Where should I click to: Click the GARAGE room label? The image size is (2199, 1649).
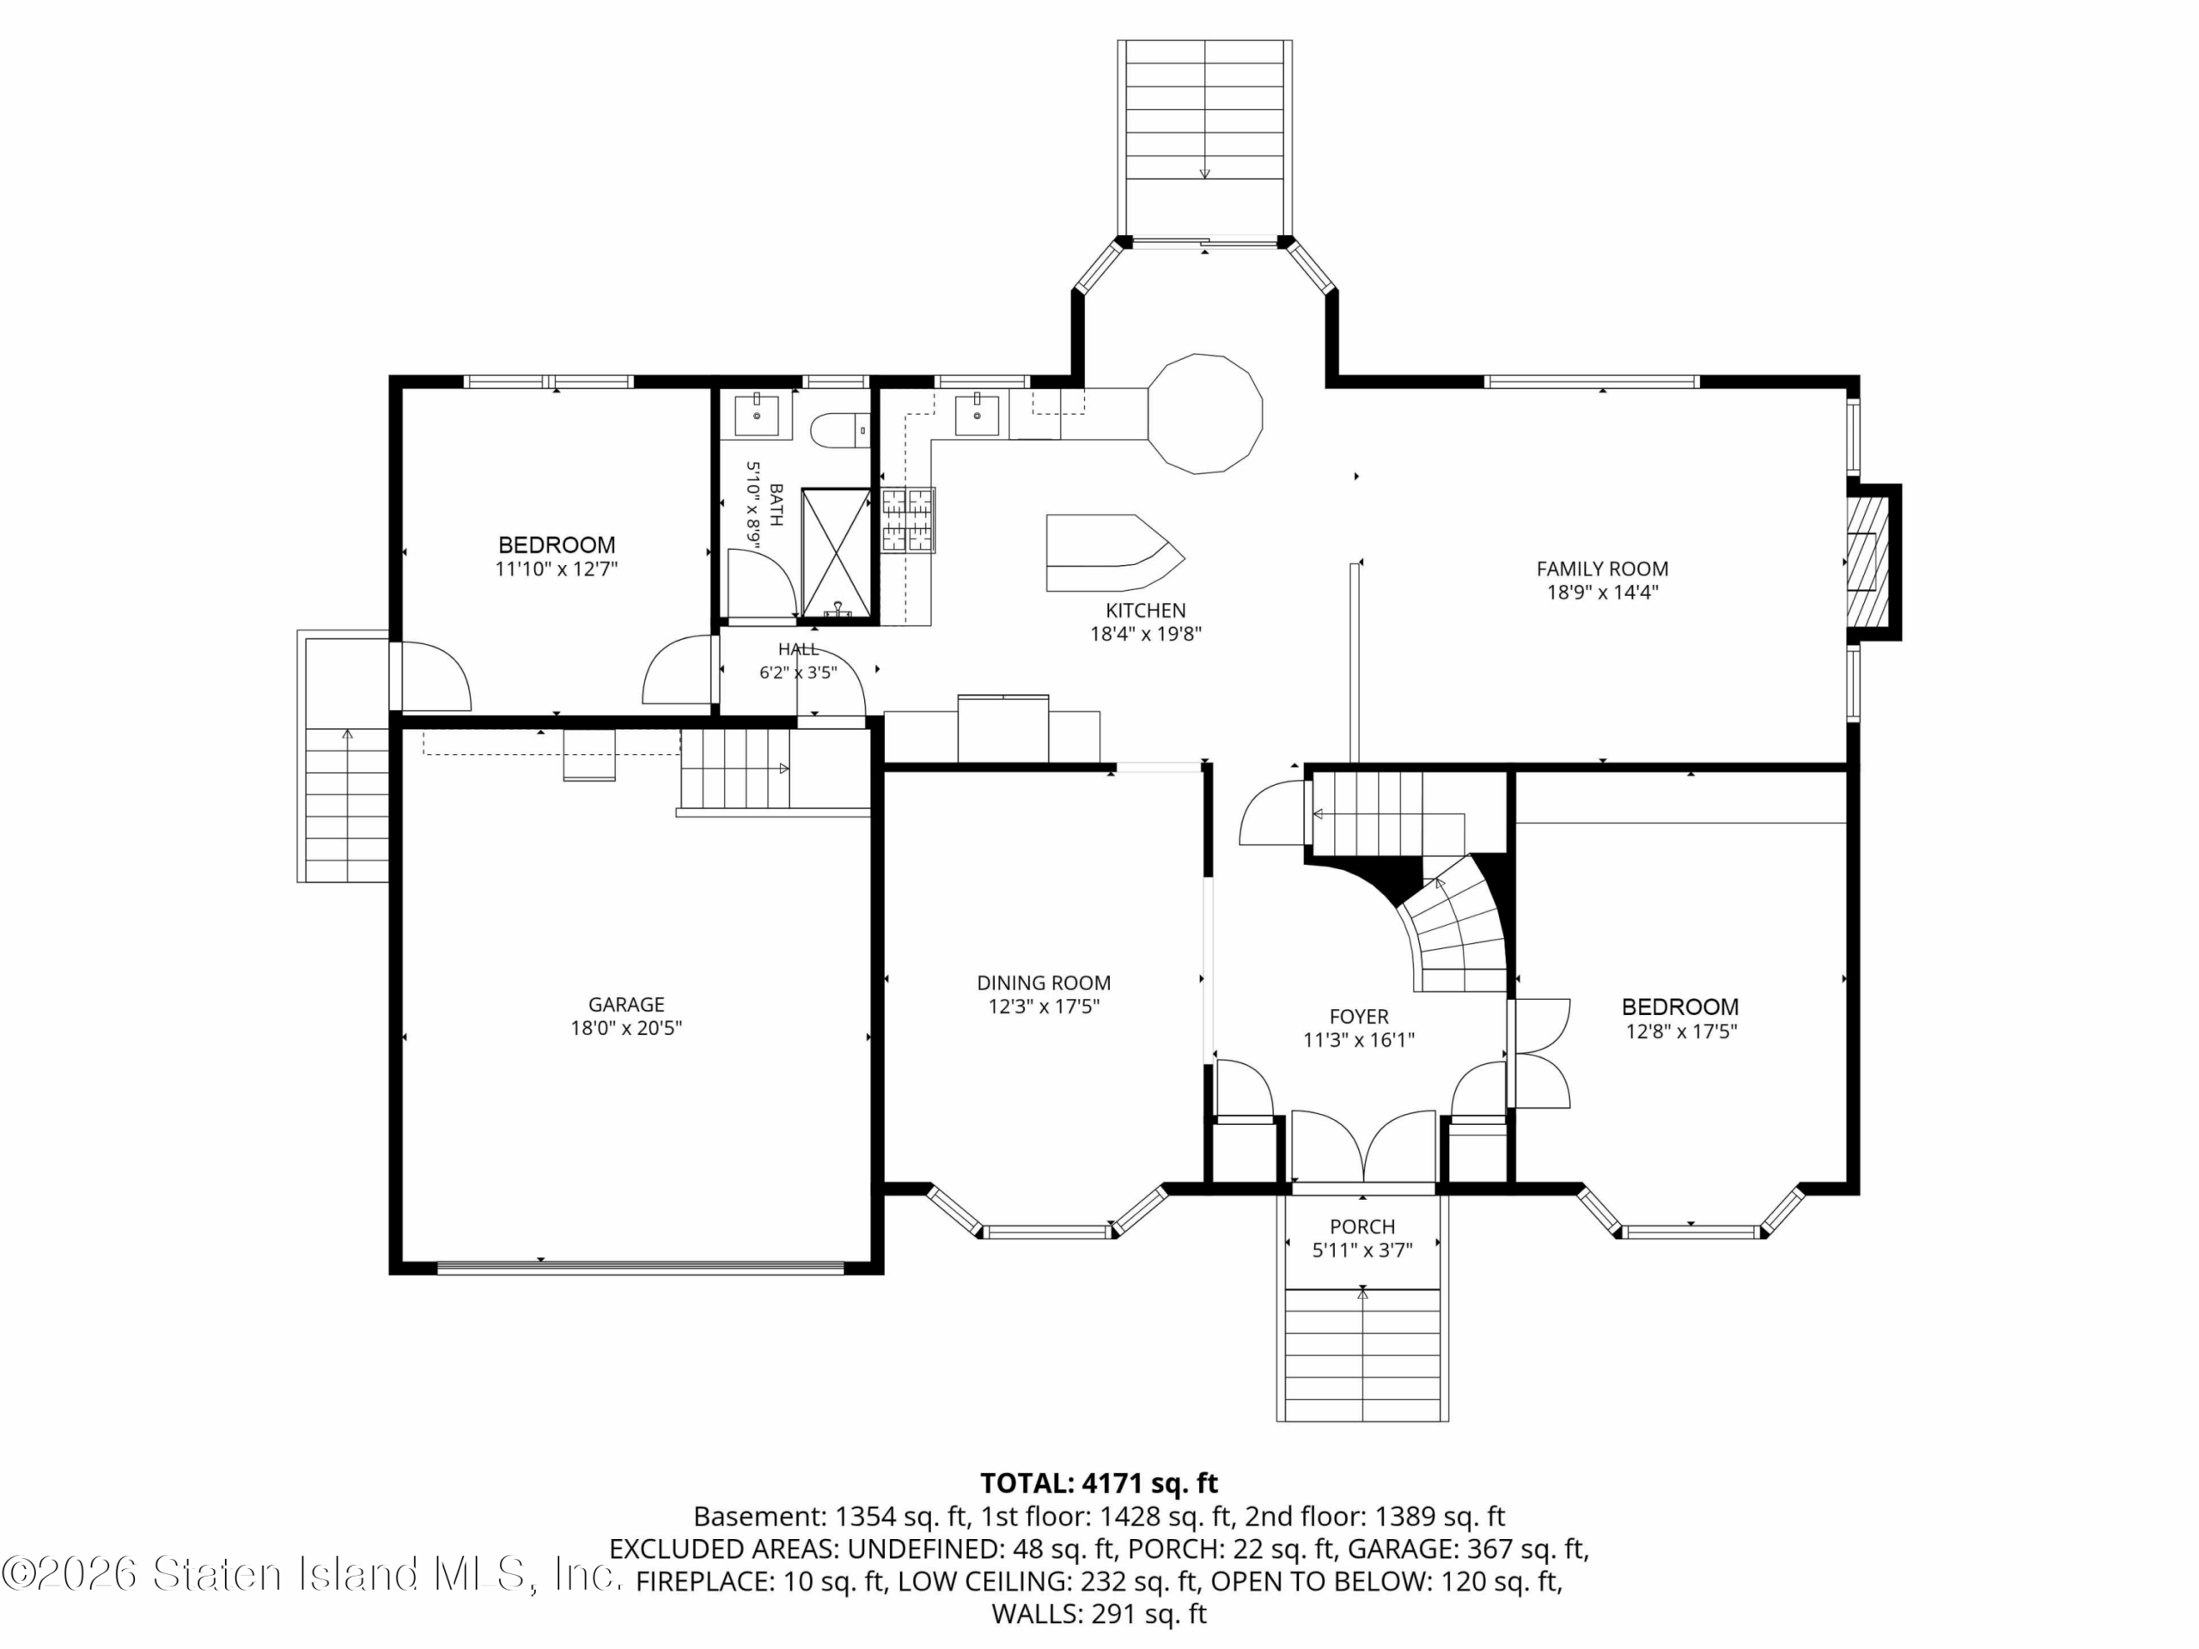(x=626, y=1004)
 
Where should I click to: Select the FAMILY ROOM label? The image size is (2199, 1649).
(x=1603, y=569)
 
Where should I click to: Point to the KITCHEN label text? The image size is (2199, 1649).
(x=1145, y=611)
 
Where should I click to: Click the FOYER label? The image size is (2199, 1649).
(x=1359, y=1016)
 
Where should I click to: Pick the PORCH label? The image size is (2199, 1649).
(x=1362, y=1226)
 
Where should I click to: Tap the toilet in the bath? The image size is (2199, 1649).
(x=840, y=430)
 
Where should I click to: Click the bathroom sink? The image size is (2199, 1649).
(x=758, y=413)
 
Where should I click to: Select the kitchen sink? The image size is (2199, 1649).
(x=978, y=413)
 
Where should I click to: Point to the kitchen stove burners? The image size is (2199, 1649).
(x=908, y=519)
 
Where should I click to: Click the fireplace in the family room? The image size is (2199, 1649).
(x=1870, y=562)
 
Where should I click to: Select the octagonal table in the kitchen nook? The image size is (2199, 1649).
(x=1205, y=412)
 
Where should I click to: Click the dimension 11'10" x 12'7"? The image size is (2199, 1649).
(x=557, y=569)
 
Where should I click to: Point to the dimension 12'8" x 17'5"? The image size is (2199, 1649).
(x=1681, y=1031)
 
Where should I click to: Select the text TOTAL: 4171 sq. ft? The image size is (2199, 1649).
(x=1099, y=1483)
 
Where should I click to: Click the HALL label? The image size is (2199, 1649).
(x=798, y=649)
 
